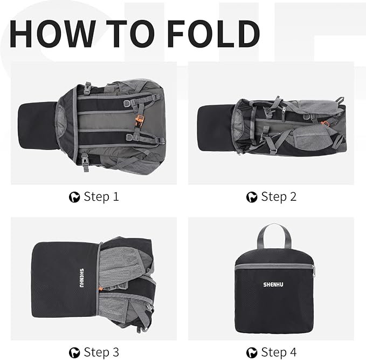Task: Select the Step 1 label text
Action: [x=101, y=197]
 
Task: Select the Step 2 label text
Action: [x=279, y=197]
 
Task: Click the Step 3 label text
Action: [x=101, y=352]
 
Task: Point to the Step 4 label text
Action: [x=279, y=352]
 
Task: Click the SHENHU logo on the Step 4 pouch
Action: [x=274, y=284]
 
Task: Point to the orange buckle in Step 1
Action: [x=139, y=120]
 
